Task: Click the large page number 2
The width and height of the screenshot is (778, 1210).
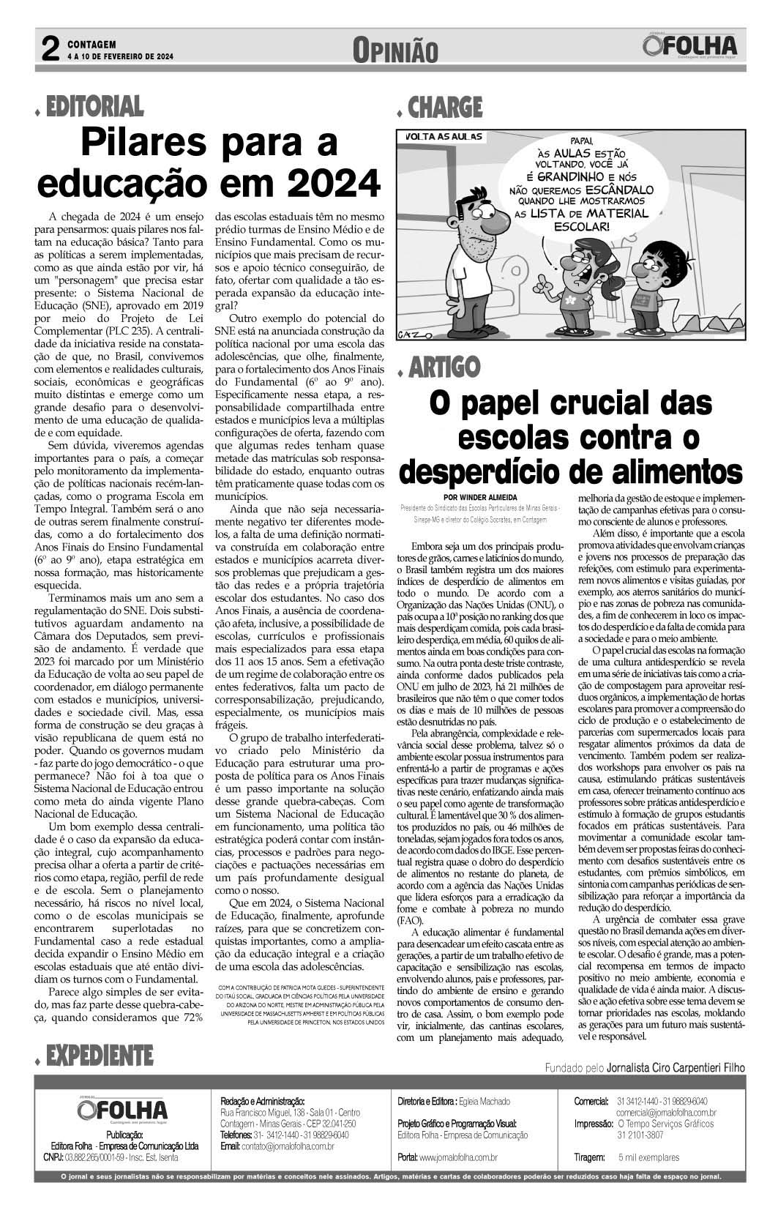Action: click(49, 49)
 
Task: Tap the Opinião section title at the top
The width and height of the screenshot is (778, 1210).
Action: click(395, 51)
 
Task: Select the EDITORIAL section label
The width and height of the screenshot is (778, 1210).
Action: click(94, 108)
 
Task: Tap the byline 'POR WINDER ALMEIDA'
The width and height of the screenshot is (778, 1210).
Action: click(479, 494)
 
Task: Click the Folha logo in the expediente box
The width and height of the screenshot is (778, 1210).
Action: click(121, 1108)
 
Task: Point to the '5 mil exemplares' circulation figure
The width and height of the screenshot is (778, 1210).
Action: click(648, 1157)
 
